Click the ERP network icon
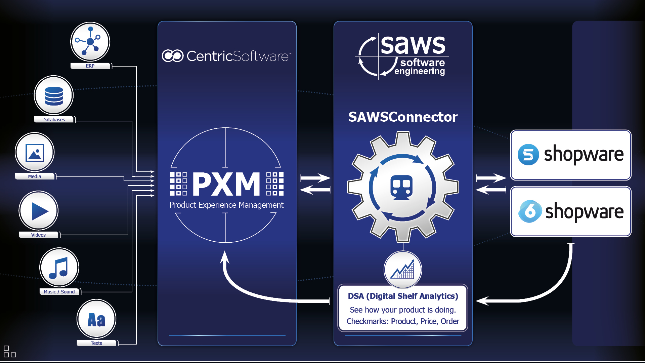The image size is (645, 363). (x=90, y=42)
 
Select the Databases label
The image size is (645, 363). (x=54, y=120)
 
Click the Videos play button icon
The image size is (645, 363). (x=39, y=211)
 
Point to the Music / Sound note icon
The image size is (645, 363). (x=59, y=268)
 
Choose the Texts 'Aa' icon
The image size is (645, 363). (x=96, y=319)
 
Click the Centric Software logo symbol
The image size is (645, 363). (x=173, y=56)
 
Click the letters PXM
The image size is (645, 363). (x=226, y=184)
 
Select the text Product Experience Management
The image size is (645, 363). (x=226, y=205)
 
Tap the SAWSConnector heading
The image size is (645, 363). (x=403, y=117)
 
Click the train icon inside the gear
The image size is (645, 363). (x=402, y=187)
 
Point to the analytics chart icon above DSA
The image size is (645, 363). (x=403, y=270)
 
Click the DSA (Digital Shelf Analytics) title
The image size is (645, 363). (x=403, y=296)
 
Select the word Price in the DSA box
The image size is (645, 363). (x=428, y=321)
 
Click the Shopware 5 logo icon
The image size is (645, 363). (x=528, y=155)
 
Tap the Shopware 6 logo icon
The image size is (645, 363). (x=530, y=211)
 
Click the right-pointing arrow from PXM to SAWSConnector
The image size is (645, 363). (x=315, y=178)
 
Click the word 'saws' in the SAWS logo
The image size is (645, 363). (x=413, y=45)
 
